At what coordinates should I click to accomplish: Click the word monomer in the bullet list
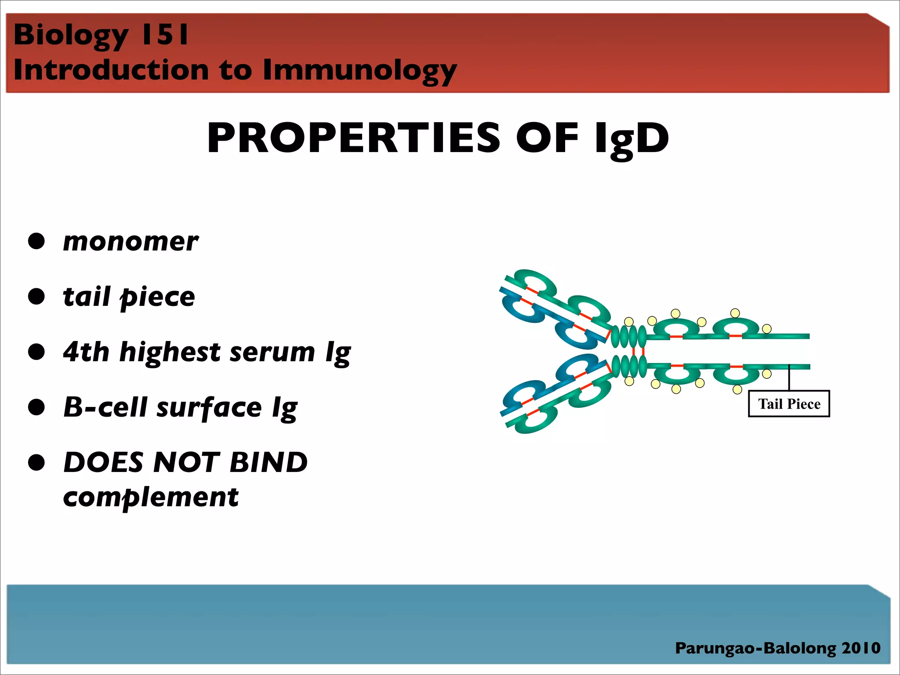click(131, 242)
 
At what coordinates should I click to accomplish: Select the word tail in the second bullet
click(86, 297)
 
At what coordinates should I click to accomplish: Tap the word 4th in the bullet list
click(86, 352)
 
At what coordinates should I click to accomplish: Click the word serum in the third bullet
click(272, 352)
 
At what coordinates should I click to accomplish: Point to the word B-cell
click(105, 407)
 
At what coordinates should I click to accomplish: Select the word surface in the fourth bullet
click(209, 407)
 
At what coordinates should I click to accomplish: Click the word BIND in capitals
click(269, 462)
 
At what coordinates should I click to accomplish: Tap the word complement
click(151, 497)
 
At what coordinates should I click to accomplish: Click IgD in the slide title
click(631, 138)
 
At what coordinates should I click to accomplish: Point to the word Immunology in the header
click(359, 70)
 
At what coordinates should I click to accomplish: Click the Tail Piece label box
click(789, 403)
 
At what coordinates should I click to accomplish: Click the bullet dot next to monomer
click(36, 241)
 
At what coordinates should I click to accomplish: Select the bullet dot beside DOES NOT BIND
click(36, 463)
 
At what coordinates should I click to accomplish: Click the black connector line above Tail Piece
click(789, 378)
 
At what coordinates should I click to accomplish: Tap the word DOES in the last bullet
click(104, 462)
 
